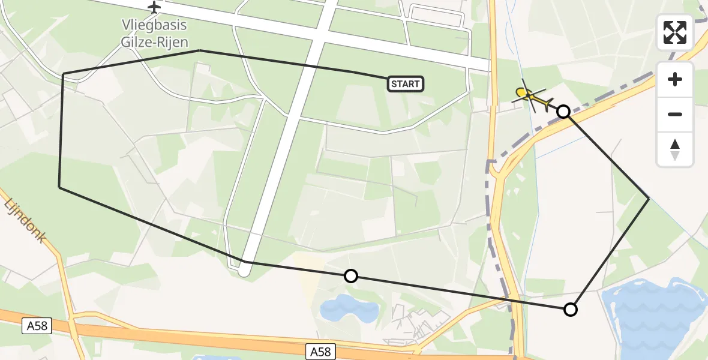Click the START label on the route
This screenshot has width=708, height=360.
[x=406, y=84]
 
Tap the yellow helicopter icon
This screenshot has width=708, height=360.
[x=532, y=97]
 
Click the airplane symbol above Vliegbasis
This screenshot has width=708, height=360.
[x=155, y=7]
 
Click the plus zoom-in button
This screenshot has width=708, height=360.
[x=675, y=79]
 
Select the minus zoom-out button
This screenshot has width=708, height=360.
[x=675, y=114]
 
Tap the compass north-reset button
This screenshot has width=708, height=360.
[x=675, y=149]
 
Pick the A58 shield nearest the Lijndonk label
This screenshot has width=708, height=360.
[x=37, y=326]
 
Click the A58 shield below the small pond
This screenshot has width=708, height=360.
[x=321, y=351]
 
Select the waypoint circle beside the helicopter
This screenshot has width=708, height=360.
[x=563, y=111]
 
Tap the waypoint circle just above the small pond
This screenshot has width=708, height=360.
[x=351, y=276]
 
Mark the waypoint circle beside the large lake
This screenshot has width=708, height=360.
[x=571, y=310]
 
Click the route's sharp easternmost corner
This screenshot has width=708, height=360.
[x=649, y=198]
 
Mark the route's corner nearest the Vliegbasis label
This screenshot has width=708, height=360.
[x=199, y=51]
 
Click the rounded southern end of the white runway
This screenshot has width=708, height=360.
[x=244, y=271]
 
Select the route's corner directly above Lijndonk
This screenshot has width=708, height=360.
[x=59, y=187]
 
